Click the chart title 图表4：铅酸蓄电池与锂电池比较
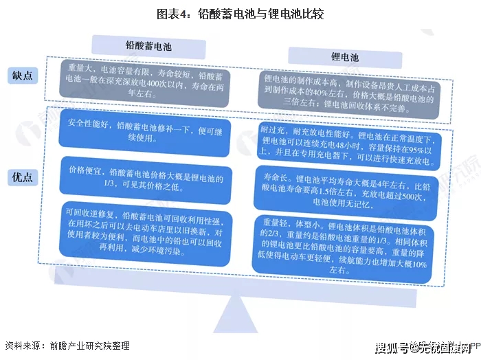[240, 14]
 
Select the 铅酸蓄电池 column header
[148, 47]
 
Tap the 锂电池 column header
[345, 57]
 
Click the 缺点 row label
[23, 76]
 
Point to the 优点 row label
[23, 177]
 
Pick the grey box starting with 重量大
[144, 83]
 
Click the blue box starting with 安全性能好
[144, 133]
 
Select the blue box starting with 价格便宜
[146, 180]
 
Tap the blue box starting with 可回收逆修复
[146, 234]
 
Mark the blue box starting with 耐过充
[348, 147]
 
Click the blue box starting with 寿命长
[346, 193]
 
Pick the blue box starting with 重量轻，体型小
[343, 249]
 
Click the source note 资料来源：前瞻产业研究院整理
[67, 346]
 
